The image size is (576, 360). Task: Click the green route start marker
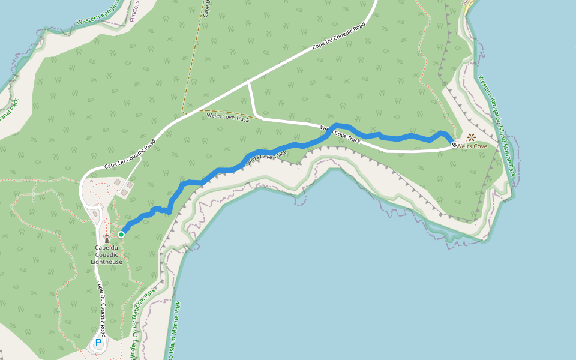(x=121, y=234)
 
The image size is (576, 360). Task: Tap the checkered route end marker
(x=454, y=145)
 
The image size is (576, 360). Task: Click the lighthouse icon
(x=107, y=239)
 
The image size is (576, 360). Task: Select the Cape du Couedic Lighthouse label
(x=107, y=254)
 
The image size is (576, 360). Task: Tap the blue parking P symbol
(x=98, y=343)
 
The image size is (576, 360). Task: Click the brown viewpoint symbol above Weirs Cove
(x=472, y=137)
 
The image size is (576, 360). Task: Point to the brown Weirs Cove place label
(x=472, y=146)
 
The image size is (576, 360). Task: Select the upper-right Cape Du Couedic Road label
(x=338, y=37)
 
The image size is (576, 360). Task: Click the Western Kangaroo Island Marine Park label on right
(x=497, y=125)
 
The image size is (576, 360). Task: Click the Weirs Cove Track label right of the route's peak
(x=340, y=133)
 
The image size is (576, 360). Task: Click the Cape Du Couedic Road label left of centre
(x=130, y=154)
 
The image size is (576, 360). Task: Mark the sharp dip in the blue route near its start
(x=170, y=212)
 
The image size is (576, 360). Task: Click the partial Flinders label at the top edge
(x=134, y=11)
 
